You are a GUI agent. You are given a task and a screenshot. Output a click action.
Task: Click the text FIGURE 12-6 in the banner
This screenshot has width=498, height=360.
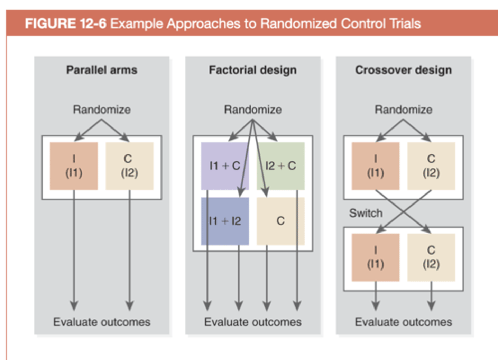click(x=65, y=23)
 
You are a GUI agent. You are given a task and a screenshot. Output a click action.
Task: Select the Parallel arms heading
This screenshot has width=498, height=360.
click(x=102, y=70)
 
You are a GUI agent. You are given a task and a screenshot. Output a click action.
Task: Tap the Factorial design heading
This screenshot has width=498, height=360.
click(x=252, y=70)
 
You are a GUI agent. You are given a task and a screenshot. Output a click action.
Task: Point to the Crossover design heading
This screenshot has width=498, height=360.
click(x=403, y=70)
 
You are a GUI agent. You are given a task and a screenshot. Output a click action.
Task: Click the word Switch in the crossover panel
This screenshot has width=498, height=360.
click(x=366, y=213)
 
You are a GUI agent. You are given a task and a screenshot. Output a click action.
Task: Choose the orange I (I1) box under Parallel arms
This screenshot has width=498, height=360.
click(x=74, y=166)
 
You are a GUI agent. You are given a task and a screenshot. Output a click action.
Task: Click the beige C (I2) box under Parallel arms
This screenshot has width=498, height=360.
click(x=129, y=166)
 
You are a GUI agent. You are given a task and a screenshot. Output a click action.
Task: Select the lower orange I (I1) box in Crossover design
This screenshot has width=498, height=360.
click(x=376, y=257)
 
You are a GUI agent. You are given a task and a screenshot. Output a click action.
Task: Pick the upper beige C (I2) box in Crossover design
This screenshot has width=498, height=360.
click(x=431, y=166)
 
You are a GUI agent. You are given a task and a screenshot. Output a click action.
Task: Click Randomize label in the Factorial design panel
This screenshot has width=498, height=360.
click(x=252, y=110)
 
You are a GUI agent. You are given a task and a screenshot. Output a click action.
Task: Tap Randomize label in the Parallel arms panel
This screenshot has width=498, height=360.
click(x=102, y=110)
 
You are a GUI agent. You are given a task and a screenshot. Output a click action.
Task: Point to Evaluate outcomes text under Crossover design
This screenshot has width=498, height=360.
click(x=403, y=322)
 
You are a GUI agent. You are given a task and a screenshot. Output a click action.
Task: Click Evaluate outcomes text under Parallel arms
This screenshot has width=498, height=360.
click(x=102, y=322)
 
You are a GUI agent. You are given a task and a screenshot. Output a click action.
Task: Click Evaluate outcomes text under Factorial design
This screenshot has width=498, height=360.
click(x=252, y=322)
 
